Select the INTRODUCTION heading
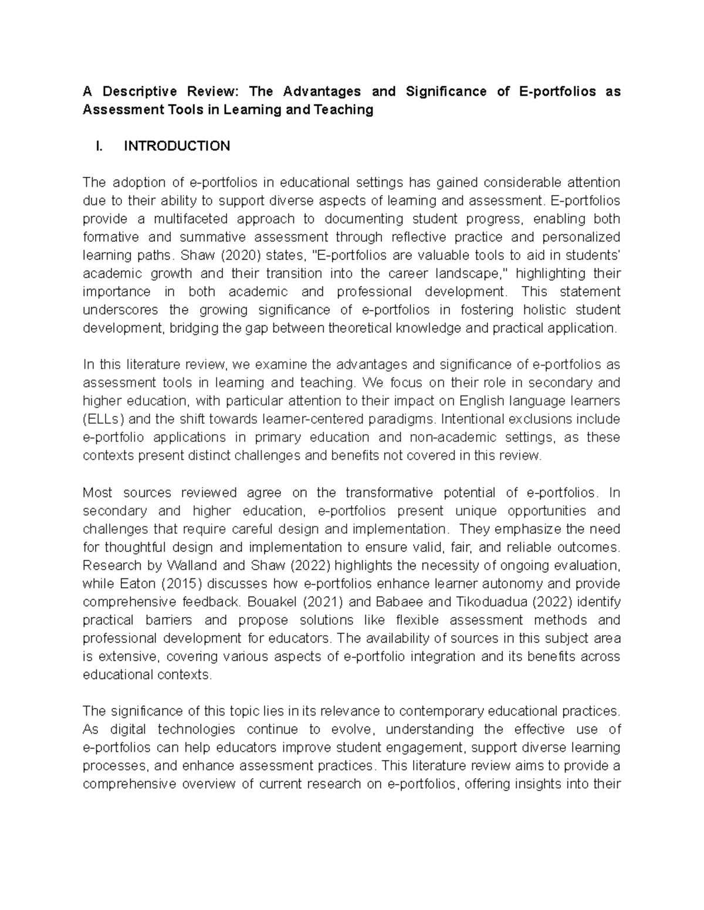point(177,146)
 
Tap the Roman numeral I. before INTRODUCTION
point(99,146)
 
